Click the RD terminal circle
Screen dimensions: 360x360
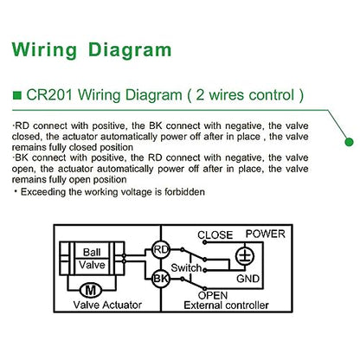(x=161, y=249)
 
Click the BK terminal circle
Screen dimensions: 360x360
(x=161, y=279)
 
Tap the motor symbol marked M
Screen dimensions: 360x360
(x=91, y=290)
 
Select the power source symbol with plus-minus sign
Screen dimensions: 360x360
(x=245, y=256)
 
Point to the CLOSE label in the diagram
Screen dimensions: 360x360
(x=215, y=235)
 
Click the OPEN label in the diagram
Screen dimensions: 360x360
(x=213, y=295)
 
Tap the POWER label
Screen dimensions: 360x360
(x=266, y=234)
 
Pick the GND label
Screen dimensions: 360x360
(x=247, y=279)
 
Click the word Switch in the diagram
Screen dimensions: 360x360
(x=186, y=267)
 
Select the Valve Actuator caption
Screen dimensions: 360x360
(x=107, y=305)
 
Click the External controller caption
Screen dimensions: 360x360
(x=226, y=305)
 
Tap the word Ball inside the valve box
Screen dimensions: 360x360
(x=92, y=252)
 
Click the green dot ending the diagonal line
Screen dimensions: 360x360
(x=349, y=142)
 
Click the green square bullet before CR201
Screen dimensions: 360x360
(x=17, y=95)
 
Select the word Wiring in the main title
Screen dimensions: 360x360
(x=44, y=50)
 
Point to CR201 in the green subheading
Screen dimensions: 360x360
(x=49, y=95)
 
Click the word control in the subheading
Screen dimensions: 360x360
(x=272, y=95)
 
